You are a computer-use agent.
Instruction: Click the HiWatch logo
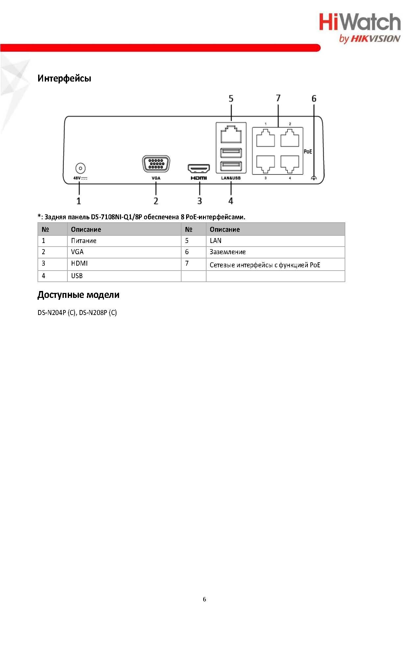(360, 28)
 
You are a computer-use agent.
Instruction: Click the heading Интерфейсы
(64, 78)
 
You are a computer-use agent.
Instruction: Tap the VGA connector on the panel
(156, 164)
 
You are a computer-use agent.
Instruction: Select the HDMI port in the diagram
(199, 168)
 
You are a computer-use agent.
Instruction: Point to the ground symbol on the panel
(314, 178)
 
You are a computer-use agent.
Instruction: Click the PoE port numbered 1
(265, 138)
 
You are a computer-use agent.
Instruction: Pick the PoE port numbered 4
(290, 164)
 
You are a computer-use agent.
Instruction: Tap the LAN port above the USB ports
(231, 134)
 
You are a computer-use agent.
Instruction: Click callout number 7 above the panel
(278, 98)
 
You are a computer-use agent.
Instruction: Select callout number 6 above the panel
(314, 98)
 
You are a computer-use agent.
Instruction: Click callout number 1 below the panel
(79, 201)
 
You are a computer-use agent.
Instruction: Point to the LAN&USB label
(231, 178)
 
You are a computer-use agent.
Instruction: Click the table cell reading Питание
(84, 241)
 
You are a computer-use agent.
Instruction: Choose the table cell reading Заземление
(228, 252)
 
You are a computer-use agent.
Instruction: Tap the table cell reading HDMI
(79, 263)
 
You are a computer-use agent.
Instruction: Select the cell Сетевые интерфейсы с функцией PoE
(265, 265)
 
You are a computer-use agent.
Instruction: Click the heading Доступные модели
(78, 295)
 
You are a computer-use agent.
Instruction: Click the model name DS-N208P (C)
(98, 312)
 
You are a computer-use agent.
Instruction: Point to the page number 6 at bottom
(204, 599)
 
